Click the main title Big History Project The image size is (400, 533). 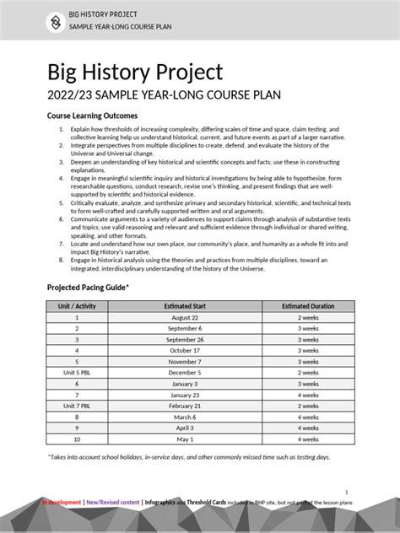[134, 72]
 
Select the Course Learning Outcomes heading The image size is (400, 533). [92, 116]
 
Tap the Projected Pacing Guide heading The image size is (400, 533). [88, 288]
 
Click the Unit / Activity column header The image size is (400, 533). [77, 305]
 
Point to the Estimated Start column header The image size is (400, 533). [185, 305]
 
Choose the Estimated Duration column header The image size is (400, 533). [308, 305]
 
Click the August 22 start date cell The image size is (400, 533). [185, 317]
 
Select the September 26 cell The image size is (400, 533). [185, 339]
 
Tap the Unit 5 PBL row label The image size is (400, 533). [77, 372]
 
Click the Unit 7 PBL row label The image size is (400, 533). [77, 406]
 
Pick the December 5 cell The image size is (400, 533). [185, 372]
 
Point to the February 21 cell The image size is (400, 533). [185, 406]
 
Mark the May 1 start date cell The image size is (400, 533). [185, 439]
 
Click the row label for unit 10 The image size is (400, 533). [77, 439]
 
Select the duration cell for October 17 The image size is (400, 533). [308, 350]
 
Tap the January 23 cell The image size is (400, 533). [185, 395]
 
